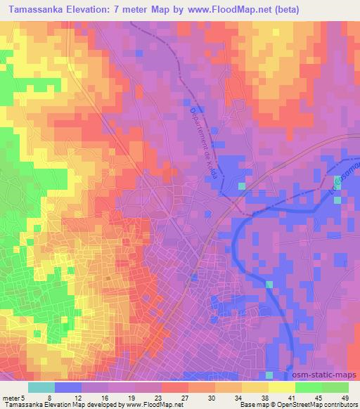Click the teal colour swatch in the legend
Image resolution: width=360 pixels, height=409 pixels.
pos(41,387)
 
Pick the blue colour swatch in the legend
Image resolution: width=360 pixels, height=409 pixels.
pos(68,387)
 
